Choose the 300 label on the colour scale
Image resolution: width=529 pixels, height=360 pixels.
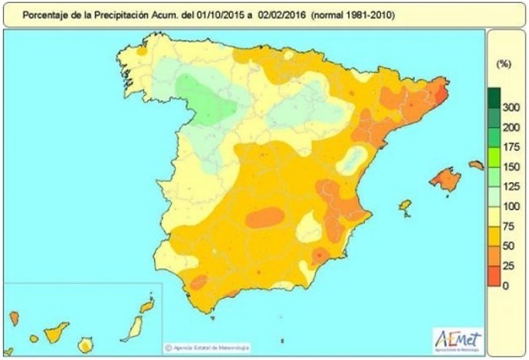[509, 110]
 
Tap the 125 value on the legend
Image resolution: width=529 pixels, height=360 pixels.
[509, 186]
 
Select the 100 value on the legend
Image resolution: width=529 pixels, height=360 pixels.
[509, 206]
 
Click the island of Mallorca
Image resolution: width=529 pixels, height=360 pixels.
[445, 180]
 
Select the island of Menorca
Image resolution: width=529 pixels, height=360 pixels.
[476, 164]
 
